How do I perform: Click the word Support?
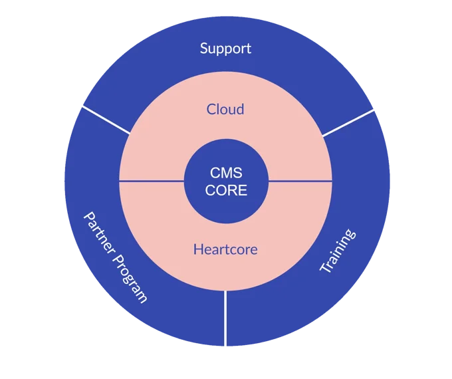tap(225, 49)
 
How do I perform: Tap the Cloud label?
tap(225, 109)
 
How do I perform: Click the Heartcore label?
tap(225, 250)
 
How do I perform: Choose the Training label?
tap(338, 251)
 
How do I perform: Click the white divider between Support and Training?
tap(348, 123)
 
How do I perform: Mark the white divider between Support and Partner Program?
tap(106, 119)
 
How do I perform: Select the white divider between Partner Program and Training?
tap(225, 318)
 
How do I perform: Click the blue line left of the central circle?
tap(151, 181)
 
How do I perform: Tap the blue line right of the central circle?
tap(300, 181)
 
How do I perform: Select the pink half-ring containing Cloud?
tap(166, 133)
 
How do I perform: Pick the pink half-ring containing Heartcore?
tap(166, 233)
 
